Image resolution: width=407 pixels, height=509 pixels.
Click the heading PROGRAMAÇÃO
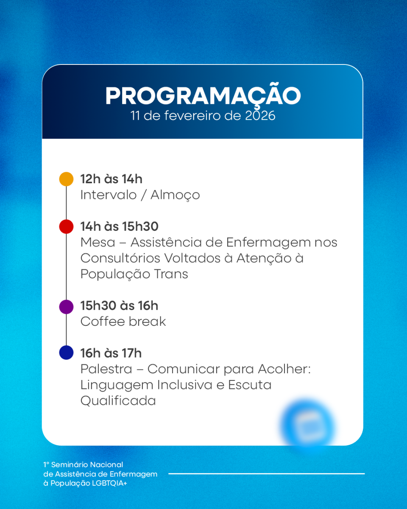pos(203,95)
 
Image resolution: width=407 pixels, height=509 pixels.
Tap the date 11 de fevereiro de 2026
pos(203,115)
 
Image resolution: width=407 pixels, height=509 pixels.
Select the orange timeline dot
pos(66,179)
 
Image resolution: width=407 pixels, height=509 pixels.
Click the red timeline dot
pos(66,227)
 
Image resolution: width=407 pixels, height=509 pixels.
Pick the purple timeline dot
pos(66,307)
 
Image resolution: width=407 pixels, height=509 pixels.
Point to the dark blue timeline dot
pos(66,352)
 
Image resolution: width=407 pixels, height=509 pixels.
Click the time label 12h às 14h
pos(112,179)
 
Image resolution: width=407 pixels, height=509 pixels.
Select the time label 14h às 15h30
pos(120,227)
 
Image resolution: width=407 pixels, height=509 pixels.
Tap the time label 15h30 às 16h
pos(119,305)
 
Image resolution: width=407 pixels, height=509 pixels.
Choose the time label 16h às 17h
pos(111,353)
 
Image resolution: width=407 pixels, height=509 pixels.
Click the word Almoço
pos(175,196)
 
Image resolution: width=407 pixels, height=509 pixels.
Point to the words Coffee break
pos(123,322)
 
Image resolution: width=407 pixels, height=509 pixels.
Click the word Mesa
pos(98,243)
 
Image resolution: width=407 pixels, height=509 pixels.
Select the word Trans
pos(171,274)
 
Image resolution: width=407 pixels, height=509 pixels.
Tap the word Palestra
pos(106,369)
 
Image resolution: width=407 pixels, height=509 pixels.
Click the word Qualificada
pos(118,401)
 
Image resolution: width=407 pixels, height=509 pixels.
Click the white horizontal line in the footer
pos(267,474)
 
